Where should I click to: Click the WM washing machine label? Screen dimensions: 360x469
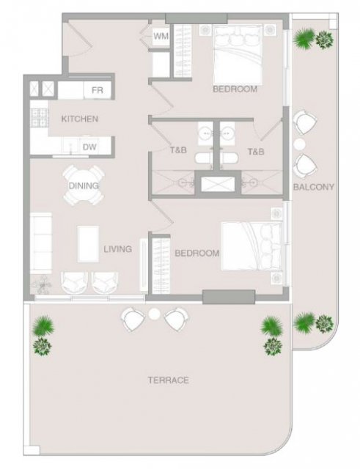tap(161, 36)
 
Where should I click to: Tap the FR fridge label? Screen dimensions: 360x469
tap(98, 90)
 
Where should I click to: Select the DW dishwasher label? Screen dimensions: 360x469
tap(89, 147)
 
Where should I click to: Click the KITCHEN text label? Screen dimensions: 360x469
tap(80, 119)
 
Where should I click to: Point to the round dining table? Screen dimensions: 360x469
tap(84, 185)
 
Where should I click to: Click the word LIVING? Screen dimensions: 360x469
tap(117, 249)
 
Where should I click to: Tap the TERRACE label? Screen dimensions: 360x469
tap(169, 380)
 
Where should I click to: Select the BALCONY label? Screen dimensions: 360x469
tap(314, 187)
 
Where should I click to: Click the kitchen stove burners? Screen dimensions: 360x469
tap(39, 117)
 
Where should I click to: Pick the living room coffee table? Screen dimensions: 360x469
tap(88, 244)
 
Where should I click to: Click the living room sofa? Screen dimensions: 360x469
tap(41, 243)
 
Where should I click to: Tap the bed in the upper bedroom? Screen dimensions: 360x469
tap(238, 55)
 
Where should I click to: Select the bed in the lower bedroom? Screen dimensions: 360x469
tap(251, 246)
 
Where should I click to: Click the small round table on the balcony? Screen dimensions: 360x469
tap(299, 144)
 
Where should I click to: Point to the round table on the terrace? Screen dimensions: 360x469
tap(155, 314)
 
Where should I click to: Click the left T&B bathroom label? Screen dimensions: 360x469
tap(178, 149)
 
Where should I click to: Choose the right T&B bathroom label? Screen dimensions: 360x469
tap(256, 152)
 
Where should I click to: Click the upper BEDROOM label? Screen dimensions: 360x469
tap(235, 89)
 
